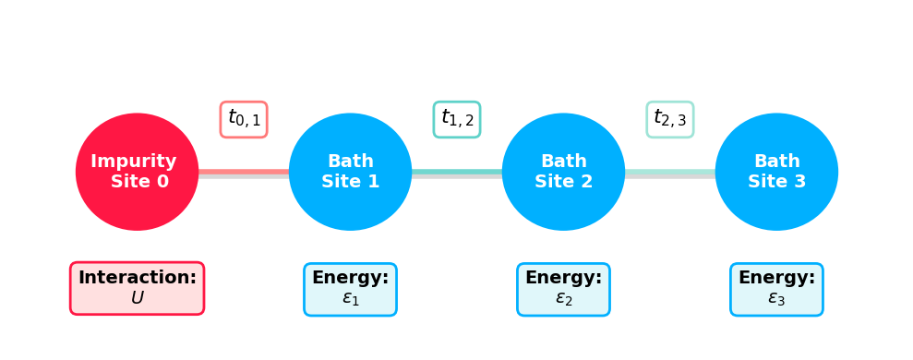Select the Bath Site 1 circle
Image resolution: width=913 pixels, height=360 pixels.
tap(350, 172)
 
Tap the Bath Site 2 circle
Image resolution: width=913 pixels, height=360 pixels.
tap(563, 172)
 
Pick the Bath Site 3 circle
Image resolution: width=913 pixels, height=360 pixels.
tap(776, 172)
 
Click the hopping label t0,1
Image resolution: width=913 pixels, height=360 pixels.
tap(244, 119)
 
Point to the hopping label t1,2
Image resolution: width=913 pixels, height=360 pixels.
tap(457, 119)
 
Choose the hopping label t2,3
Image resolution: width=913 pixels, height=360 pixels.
tap(670, 119)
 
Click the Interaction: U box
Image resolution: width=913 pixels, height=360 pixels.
tap(137, 288)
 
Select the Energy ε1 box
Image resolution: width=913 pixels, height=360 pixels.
tap(350, 289)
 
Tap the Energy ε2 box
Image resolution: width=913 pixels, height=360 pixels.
tap(563, 289)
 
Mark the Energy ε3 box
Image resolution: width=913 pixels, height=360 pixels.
tap(776, 289)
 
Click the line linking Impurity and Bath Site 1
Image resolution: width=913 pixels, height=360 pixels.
tap(244, 172)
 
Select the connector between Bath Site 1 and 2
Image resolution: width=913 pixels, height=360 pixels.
tap(457, 172)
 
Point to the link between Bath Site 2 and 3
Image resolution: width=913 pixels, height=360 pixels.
tap(670, 172)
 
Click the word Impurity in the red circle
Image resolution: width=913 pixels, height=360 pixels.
tap(134, 162)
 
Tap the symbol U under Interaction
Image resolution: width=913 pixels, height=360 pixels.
tap(137, 298)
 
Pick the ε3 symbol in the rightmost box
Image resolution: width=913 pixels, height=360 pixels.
tap(776, 299)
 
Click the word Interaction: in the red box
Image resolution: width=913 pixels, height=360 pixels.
tap(137, 278)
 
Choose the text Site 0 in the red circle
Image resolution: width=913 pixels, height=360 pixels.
tap(139, 182)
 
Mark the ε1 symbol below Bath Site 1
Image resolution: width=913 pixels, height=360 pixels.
tap(350, 299)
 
